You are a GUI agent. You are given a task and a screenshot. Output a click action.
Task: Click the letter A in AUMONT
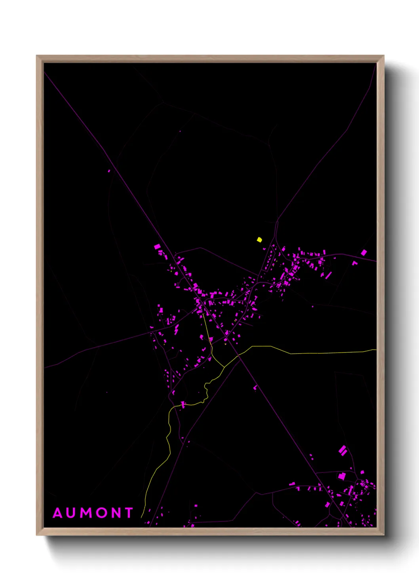pos(58,513)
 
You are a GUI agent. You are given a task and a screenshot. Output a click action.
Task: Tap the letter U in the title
pos(73,513)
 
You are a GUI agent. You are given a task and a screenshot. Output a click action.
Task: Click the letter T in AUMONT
pos(129,513)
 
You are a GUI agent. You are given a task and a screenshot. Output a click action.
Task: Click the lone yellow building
pos(259,240)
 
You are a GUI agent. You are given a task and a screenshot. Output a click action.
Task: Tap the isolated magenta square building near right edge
pos(364,252)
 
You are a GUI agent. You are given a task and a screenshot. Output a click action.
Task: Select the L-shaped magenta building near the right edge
pos(354,263)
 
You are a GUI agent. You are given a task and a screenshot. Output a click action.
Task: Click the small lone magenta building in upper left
pos(109,171)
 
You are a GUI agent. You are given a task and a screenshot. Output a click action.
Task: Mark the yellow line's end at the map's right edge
pos(375,350)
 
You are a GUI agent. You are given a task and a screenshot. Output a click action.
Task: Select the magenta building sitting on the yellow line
pos(183,405)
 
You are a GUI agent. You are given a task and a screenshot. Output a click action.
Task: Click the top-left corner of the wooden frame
pos(37,56)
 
